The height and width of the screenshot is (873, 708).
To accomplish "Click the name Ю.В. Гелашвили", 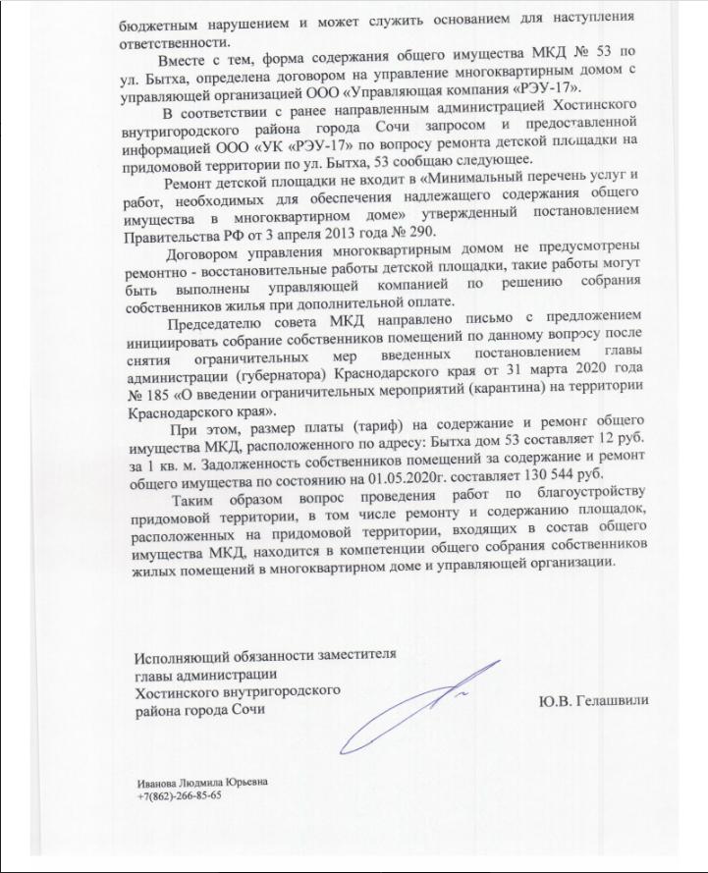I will click(x=593, y=700).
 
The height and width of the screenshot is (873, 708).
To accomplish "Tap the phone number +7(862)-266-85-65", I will click(x=180, y=796).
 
